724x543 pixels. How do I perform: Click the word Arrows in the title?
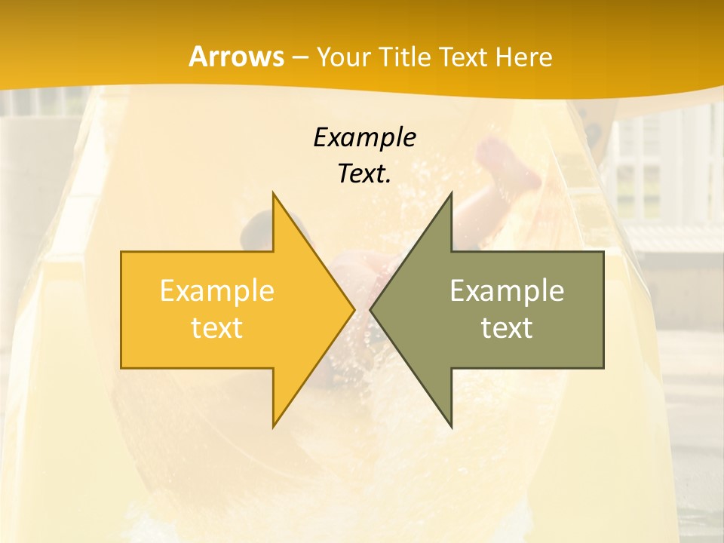pos(236,57)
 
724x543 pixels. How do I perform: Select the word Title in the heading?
pos(405,57)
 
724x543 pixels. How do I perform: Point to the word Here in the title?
pos(525,57)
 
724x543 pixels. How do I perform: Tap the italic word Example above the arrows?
pos(364,137)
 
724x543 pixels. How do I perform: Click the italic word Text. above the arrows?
pos(364,173)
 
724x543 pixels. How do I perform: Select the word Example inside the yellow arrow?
pos(216,290)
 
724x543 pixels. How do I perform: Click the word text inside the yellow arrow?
pos(216,327)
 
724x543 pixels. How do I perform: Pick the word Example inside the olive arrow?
pos(507,290)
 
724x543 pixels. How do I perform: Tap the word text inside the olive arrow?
pos(507,327)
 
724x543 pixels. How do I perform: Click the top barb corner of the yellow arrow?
pos(273,194)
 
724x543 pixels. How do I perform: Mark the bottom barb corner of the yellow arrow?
pos(273,425)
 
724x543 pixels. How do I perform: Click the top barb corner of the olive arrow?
pos(451,194)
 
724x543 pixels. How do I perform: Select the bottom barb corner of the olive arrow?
pos(451,425)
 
